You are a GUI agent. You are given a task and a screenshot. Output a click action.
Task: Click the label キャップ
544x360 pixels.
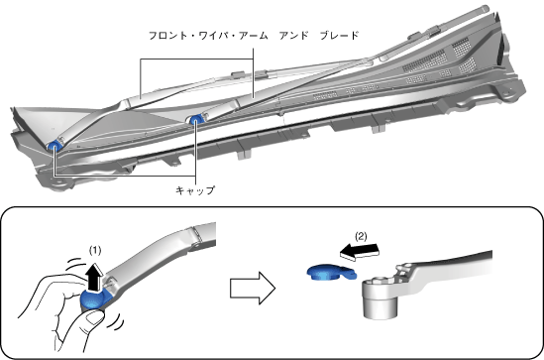195,190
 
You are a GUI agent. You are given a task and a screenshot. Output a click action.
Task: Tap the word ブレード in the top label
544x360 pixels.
339,36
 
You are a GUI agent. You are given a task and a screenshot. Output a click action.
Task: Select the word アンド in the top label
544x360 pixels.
293,36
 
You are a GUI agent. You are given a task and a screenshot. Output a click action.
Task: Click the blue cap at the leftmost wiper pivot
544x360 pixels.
54,146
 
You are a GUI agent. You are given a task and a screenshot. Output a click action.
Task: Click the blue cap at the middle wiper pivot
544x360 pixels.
195,120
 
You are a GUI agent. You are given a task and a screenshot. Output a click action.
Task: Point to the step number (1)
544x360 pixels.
95,250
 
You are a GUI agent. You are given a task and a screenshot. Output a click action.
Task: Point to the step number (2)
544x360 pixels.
361,236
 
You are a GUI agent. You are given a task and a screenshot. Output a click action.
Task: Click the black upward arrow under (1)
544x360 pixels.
94,277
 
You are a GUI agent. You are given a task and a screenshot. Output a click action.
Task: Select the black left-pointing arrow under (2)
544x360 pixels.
359,251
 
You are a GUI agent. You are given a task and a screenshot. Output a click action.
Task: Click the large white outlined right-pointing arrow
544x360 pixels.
253,289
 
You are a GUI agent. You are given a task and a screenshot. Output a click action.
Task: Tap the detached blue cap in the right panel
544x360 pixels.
331,272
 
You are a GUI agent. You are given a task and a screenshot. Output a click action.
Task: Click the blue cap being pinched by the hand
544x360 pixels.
94,300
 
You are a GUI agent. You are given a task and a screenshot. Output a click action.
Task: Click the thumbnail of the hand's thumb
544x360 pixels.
94,317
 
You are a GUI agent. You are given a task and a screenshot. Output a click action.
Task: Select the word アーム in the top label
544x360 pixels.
254,36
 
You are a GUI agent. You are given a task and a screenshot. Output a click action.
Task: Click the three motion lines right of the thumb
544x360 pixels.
116,321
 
